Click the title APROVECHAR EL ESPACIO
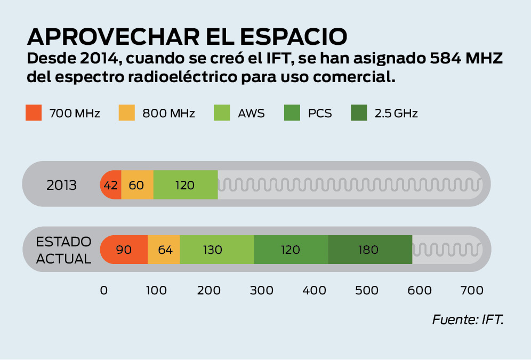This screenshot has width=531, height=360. [187, 36]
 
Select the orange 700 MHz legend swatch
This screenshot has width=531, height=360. [34, 113]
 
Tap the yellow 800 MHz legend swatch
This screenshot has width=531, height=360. [127, 113]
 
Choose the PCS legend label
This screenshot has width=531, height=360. [319, 114]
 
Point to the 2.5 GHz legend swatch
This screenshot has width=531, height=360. [359, 113]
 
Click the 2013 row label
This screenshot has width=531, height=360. [62, 186]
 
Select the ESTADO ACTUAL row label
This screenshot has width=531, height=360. [63, 250]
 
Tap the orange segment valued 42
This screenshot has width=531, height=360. [111, 186]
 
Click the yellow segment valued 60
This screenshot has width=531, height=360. [137, 186]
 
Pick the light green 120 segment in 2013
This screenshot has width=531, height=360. [185, 186]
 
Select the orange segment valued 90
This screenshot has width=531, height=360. [124, 250]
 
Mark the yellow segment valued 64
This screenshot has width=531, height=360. [164, 250]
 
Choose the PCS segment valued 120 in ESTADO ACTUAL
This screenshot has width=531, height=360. [291, 250]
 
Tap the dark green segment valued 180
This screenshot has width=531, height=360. [369, 250]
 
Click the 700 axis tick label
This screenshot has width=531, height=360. [472, 291]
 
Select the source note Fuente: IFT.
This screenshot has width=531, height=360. [468, 321]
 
